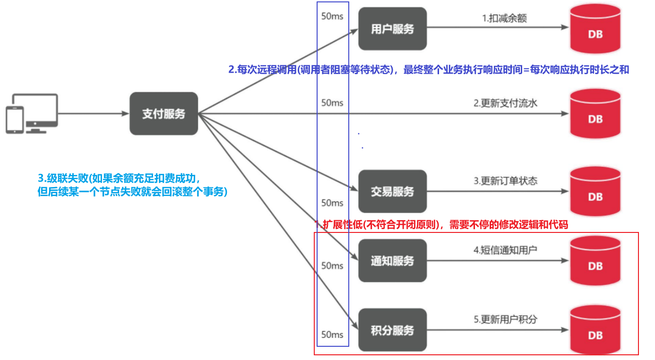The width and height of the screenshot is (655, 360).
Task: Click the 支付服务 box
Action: [x=164, y=113]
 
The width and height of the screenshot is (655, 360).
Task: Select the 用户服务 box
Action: [x=392, y=29]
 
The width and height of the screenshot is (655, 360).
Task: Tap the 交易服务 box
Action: [x=392, y=191]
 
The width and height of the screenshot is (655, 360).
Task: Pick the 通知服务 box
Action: [x=392, y=261]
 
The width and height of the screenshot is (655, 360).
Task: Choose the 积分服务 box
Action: [x=392, y=330]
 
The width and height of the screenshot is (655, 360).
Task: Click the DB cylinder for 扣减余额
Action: [x=595, y=29]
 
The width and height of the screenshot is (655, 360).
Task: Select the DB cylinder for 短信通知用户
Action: [x=595, y=261]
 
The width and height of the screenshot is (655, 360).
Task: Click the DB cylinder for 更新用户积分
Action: [x=595, y=330]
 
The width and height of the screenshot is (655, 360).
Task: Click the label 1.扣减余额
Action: [x=504, y=18]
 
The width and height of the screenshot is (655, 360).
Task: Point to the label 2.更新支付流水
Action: [x=505, y=103]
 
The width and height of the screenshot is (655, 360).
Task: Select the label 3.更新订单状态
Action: [x=505, y=180]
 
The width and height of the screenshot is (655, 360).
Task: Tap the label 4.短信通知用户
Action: [x=505, y=250]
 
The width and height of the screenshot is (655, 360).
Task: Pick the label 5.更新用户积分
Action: [x=505, y=319]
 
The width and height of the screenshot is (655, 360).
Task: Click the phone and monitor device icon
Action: [x=32, y=114]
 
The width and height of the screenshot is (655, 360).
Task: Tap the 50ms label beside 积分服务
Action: [x=332, y=334]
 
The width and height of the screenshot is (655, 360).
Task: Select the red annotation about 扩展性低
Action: [x=441, y=224]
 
